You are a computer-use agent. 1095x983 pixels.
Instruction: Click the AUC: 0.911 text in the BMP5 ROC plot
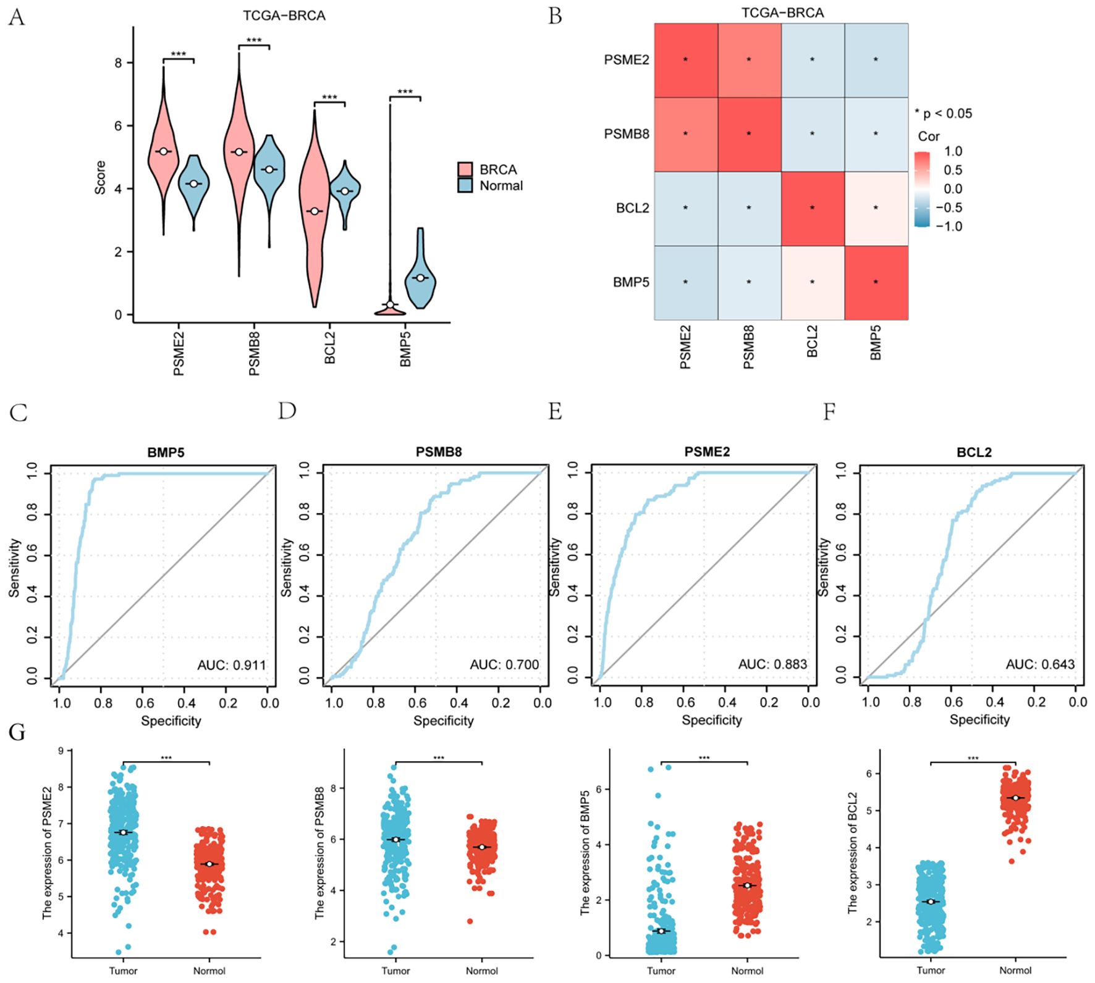click(231, 665)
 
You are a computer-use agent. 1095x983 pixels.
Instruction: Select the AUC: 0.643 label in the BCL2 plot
click(1040, 664)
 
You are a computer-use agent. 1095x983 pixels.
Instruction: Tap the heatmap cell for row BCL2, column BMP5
click(876, 208)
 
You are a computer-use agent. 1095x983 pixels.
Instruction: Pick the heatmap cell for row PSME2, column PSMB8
click(749, 60)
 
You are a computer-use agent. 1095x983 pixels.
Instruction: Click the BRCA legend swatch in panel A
click(465, 170)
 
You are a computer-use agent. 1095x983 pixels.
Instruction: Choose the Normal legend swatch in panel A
click(465, 185)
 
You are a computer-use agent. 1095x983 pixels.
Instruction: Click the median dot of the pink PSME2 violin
click(163, 151)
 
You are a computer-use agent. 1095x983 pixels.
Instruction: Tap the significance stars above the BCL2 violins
click(329, 98)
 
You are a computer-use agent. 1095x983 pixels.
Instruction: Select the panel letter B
click(555, 16)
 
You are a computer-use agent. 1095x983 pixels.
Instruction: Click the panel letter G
click(17, 732)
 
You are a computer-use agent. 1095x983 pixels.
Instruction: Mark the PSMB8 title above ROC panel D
click(438, 453)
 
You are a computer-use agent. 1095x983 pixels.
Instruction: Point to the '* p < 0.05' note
click(943, 114)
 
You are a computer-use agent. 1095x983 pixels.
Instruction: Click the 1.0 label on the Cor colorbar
click(953, 151)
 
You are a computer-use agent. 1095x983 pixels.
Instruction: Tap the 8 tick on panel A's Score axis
click(119, 62)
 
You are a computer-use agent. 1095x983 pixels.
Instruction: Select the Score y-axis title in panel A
click(100, 178)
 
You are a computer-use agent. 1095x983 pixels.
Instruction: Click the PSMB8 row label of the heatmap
click(626, 134)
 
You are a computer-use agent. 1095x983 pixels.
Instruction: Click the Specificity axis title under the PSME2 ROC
click(711, 720)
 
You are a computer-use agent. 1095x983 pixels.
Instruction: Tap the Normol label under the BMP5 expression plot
click(747, 971)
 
